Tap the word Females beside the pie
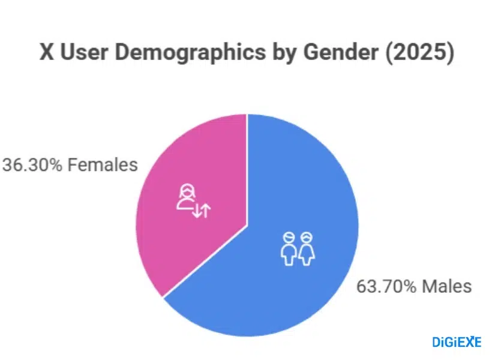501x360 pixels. (x=103, y=164)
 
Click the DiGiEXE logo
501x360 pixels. (x=457, y=342)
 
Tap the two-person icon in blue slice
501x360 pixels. (x=298, y=248)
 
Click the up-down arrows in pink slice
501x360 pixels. (x=202, y=211)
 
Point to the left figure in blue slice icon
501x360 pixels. (x=289, y=248)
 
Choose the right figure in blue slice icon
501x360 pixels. (x=307, y=248)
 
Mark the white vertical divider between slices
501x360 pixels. (x=247, y=168)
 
